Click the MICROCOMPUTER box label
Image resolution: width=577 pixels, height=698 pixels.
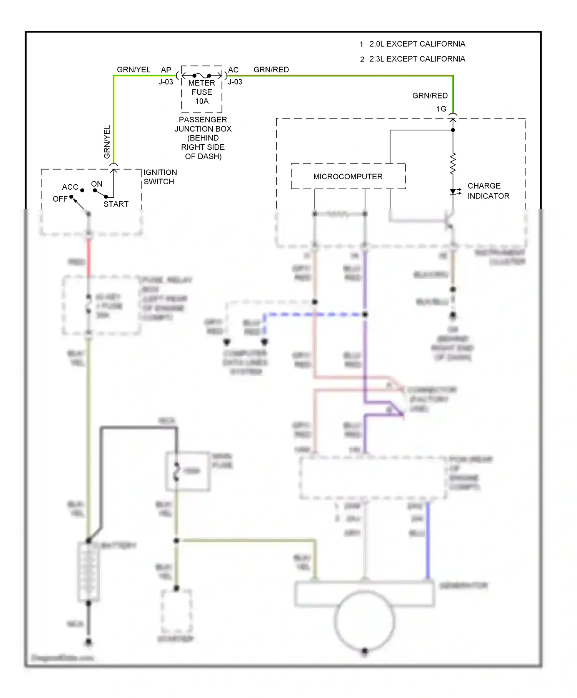(348, 177)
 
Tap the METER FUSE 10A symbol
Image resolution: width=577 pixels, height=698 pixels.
(202, 76)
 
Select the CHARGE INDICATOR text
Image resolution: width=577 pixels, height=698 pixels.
(488, 191)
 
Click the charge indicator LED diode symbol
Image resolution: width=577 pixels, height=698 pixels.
(453, 192)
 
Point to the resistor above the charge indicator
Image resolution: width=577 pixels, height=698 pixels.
(453, 163)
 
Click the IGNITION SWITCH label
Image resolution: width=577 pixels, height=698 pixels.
(160, 177)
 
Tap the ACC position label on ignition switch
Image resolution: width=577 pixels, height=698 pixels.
(70, 187)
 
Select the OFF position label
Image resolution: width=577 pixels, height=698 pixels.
(60, 199)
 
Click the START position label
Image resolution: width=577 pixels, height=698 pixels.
(116, 204)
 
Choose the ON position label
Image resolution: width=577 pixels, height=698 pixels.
(97, 184)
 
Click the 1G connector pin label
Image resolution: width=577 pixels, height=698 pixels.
(441, 109)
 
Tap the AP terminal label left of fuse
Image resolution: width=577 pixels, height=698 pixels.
(166, 70)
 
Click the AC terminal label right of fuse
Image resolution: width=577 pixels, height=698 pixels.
(233, 70)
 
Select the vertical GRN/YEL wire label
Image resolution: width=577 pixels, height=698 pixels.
(107, 142)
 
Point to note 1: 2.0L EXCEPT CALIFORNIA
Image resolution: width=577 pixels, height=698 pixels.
(412, 44)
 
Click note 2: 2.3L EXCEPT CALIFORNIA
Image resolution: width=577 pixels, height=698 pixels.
(412, 59)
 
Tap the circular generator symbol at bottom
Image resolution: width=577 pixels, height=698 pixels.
(364, 620)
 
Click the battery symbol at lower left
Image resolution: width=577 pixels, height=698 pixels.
(88, 572)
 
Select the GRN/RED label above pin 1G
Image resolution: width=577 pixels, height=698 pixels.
(430, 95)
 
